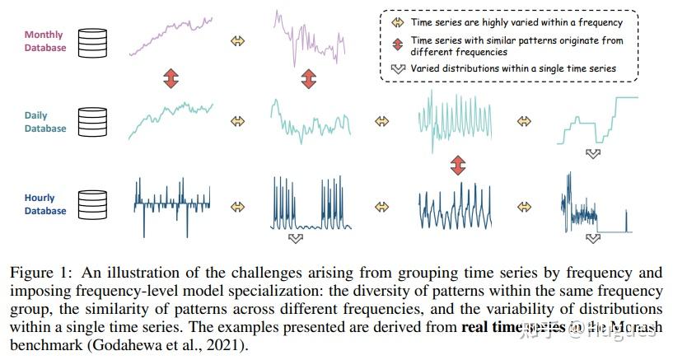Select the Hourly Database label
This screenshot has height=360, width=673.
tap(45, 204)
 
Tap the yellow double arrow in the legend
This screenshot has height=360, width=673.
tap(397, 23)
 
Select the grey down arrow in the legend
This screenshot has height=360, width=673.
tap(397, 68)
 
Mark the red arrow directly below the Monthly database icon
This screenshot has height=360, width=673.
tap(171, 79)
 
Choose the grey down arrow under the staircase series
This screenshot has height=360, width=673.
tap(592, 153)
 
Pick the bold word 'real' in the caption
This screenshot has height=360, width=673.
tap(479, 326)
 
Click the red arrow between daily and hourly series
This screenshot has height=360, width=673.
tap(458, 166)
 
